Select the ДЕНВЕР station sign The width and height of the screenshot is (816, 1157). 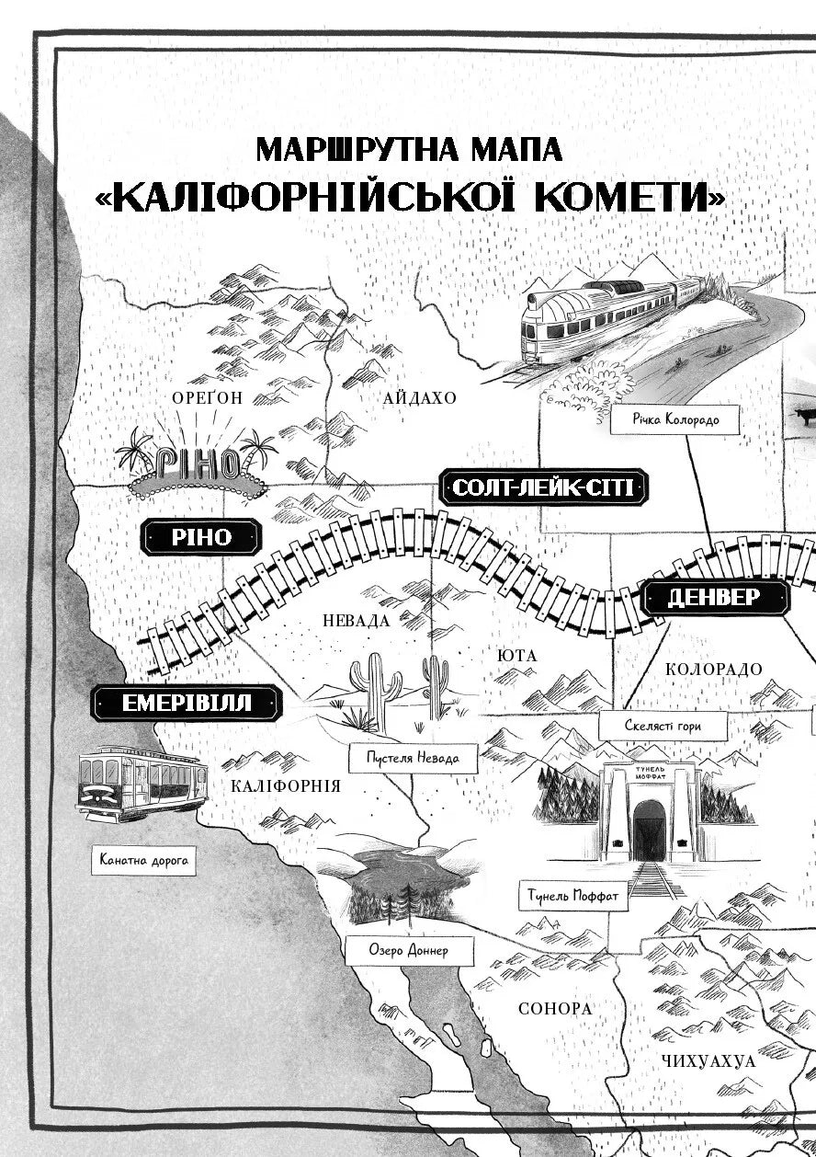pyautogui.click(x=713, y=598)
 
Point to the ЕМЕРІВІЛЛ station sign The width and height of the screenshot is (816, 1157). pyautogui.click(x=187, y=705)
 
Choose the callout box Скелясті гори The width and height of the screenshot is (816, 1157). pyautogui.click(x=663, y=726)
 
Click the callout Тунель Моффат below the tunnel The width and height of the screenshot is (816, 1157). pyautogui.click(x=573, y=893)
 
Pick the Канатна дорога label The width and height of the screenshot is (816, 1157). pyautogui.click(x=142, y=862)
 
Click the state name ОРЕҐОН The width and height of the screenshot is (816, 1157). pyautogui.click(x=208, y=397)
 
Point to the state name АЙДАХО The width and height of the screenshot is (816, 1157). pyautogui.click(x=420, y=398)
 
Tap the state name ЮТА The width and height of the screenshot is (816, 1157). pyautogui.click(x=516, y=656)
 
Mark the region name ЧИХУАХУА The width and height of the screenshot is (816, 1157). pyautogui.click(x=708, y=1060)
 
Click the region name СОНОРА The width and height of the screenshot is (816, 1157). pyautogui.click(x=555, y=1008)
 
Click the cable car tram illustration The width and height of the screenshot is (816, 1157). pyautogui.click(x=142, y=784)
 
